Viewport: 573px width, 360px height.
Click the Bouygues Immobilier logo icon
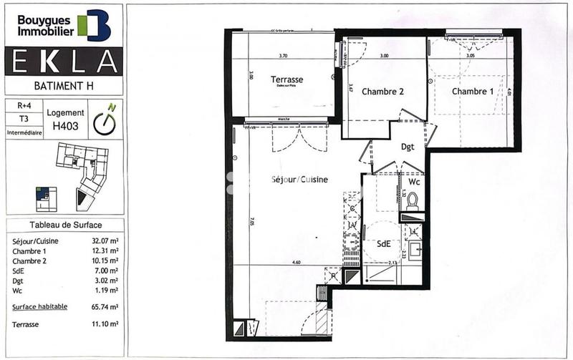[95, 25]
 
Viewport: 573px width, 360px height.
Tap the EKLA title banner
[64, 62]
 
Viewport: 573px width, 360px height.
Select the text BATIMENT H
[63, 86]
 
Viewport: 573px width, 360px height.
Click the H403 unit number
[65, 125]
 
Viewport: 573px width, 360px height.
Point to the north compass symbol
[106, 120]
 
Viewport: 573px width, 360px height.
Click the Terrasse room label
[286, 79]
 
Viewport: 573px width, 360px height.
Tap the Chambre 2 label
[383, 92]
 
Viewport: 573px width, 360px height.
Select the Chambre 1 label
[472, 92]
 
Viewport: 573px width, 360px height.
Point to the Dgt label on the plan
[408, 147]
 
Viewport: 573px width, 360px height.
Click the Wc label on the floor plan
[414, 183]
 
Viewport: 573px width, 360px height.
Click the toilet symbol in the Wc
[412, 203]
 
